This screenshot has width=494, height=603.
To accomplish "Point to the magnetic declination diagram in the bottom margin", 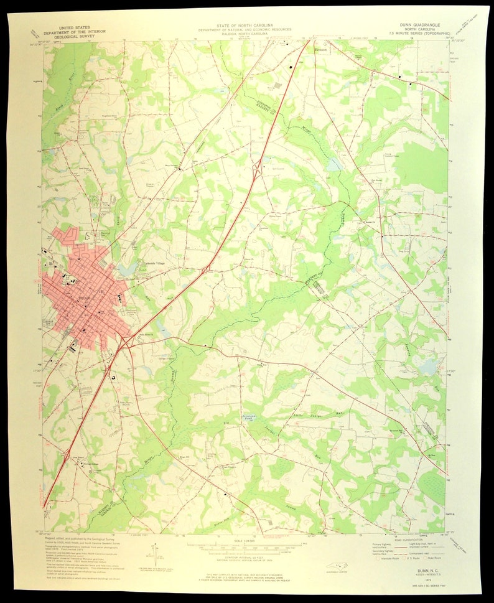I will coord(154,550).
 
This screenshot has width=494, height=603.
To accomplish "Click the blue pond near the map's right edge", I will coord(428,368).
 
